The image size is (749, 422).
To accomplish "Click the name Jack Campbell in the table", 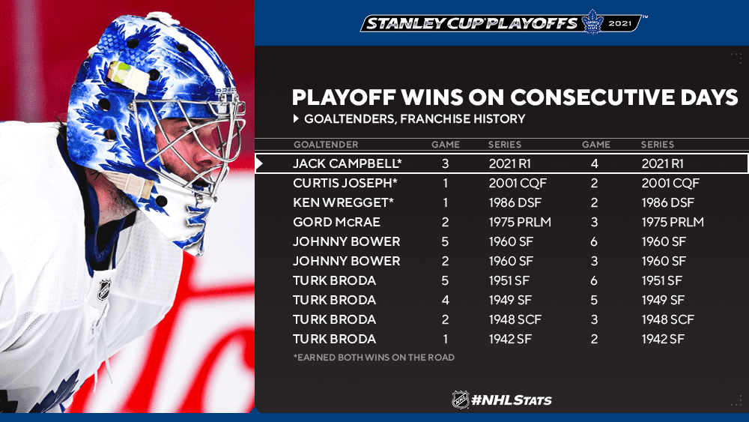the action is (348, 163).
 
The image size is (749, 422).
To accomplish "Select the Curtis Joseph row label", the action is (345, 183).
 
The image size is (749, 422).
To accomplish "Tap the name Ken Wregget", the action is (343, 202).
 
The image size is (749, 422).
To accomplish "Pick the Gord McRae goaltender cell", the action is (336, 222).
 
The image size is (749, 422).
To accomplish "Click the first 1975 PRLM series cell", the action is (520, 222).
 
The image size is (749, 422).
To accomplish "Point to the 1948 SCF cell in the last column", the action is (668, 320).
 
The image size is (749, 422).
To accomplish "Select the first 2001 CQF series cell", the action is (518, 183).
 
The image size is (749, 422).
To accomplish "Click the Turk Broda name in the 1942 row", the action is (334, 340).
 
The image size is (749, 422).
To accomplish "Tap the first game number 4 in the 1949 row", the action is (445, 300).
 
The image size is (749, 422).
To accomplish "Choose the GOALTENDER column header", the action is (326, 145).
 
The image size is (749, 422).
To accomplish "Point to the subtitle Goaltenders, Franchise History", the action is (415, 118).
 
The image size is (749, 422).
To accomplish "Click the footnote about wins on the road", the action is (374, 358).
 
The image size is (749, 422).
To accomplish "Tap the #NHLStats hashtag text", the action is (511, 400).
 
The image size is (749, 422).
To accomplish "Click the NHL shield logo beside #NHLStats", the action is (461, 400).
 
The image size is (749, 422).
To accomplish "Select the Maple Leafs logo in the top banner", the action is (592, 22).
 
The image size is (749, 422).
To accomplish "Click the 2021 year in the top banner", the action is (620, 23).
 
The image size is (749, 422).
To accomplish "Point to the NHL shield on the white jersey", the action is (104, 290).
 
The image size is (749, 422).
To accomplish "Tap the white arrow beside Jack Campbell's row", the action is (259, 164).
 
